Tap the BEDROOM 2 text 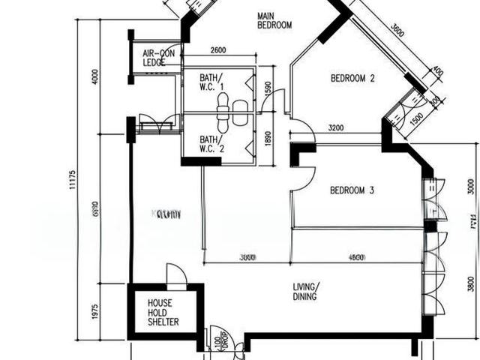coord(352,78)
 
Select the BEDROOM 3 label coord(352,190)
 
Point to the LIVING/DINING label coord(305,291)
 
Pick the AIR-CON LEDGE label coord(158,58)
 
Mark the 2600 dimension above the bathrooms coord(219,50)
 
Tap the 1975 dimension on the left coord(94,311)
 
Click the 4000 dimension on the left coord(94,77)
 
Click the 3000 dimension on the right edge coord(470,186)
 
